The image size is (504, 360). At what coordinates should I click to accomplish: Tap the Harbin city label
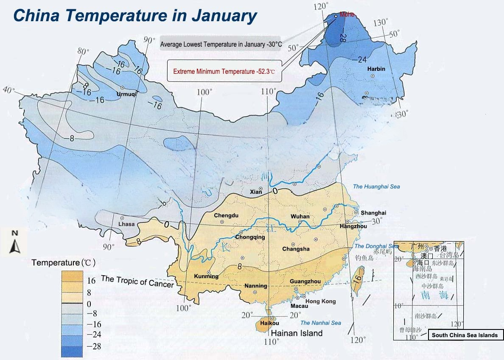(376, 69)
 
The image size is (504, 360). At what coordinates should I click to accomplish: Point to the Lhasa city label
(126, 224)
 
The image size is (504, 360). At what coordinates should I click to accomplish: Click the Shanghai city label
(373, 213)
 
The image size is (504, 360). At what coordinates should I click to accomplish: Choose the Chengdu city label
(226, 215)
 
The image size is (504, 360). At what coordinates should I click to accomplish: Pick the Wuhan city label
(300, 216)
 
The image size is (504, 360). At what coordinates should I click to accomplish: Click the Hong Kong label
(321, 301)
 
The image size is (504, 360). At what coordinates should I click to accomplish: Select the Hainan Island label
(297, 333)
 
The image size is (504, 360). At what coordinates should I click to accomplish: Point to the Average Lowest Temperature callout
(221, 44)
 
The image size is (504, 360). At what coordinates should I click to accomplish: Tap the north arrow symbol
(15, 243)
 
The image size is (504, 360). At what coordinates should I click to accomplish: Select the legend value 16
(91, 281)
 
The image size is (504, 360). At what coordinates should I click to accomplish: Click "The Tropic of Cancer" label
(137, 281)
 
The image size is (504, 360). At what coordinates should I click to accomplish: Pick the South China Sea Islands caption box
(465, 335)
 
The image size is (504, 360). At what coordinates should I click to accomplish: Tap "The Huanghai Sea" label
(376, 187)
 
